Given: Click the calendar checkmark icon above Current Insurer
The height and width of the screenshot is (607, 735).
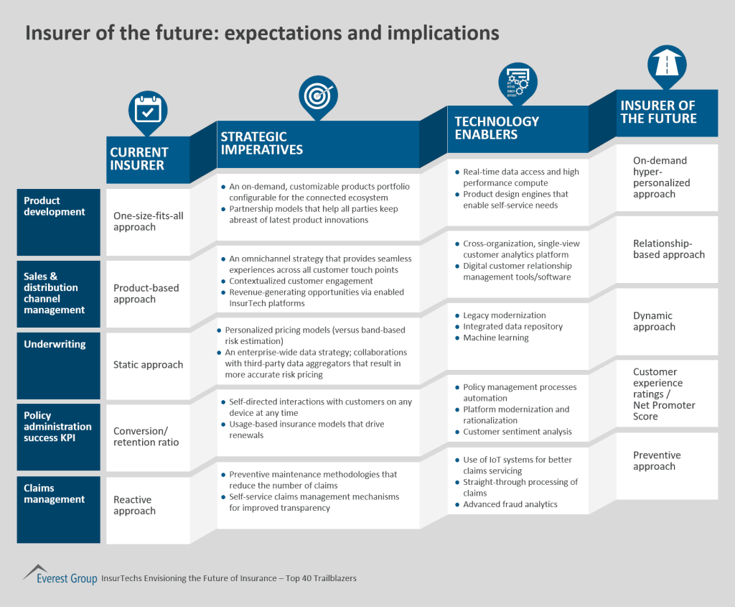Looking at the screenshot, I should pos(148,111).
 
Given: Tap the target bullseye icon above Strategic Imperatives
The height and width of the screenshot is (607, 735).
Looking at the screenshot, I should pos(318,94).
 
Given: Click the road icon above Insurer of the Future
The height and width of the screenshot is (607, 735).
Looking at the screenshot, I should pos(667,62).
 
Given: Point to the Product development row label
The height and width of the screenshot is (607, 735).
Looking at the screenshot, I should pos(55,206).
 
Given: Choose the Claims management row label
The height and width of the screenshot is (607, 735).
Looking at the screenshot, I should pos(55,494).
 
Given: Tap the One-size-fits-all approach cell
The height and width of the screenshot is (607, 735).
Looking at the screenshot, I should pos(149,221).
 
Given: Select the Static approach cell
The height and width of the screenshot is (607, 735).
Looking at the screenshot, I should pos(149,365).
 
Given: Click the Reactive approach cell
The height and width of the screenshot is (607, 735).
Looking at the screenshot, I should pos(134,505).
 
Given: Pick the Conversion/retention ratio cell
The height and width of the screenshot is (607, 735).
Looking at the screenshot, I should pos(146,437).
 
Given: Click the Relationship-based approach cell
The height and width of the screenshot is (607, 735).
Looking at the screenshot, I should pos(669,249).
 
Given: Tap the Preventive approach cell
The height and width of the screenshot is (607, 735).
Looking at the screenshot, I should pos(657,460).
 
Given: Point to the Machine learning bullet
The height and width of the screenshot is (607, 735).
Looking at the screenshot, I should pos(495,338).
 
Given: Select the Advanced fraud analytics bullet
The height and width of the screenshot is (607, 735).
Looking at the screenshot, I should pos(510,504).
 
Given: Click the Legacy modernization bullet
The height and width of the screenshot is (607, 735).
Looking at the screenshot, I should pos(504,315).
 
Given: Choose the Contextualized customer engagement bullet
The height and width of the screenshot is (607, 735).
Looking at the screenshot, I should pos(301,281).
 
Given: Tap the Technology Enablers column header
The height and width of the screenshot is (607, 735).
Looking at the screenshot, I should pos(497,128).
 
